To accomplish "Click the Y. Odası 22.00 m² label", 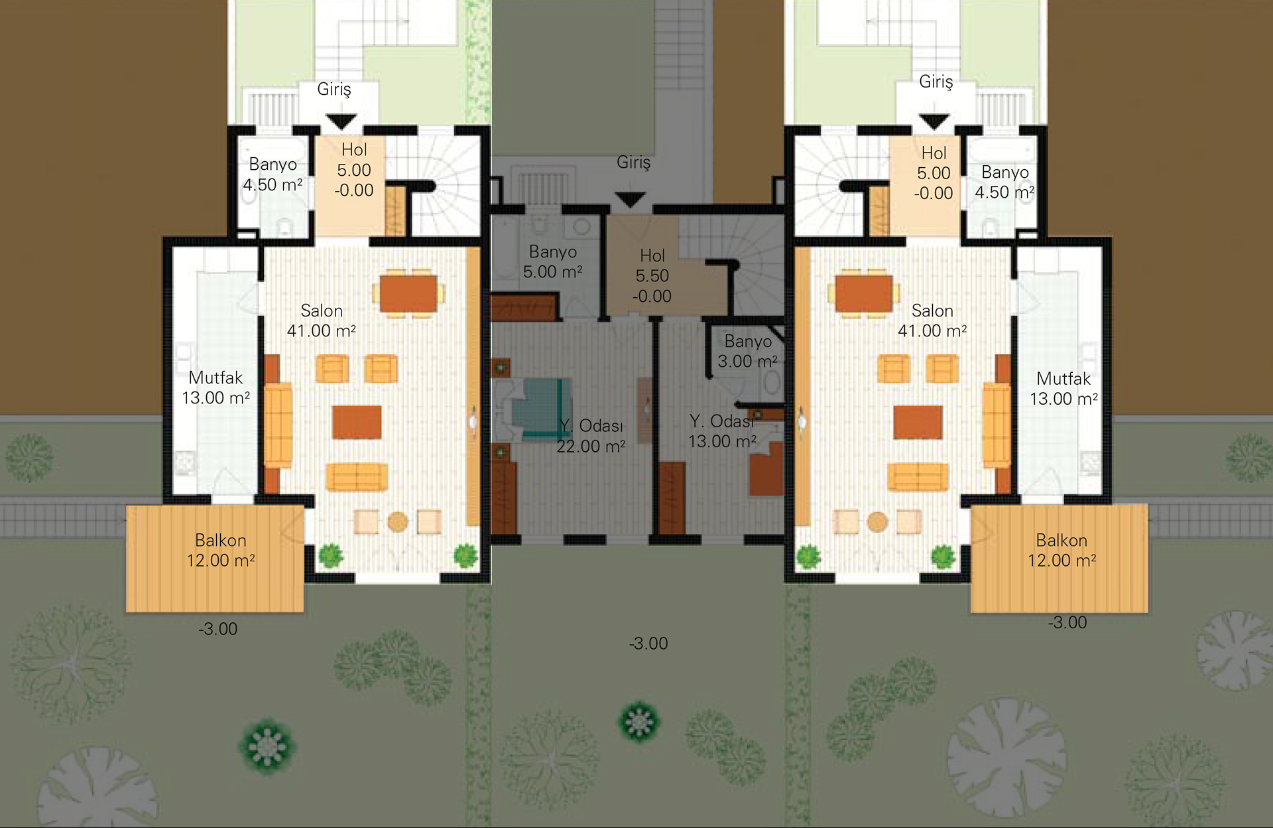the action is click(x=591, y=436).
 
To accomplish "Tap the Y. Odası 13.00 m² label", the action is click(x=722, y=431).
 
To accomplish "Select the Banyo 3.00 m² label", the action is click(x=748, y=351).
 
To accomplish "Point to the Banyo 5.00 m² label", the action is click(x=553, y=261).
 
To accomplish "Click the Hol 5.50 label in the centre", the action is click(x=652, y=276).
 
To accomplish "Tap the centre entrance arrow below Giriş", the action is click(x=630, y=199).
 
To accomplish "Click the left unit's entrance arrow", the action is click(x=341, y=121).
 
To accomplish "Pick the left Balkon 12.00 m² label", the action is click(x=221, y=550).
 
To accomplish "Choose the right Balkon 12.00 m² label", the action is click(x=1061, y=550).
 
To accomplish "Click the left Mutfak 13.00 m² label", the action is click(x=216, y=387).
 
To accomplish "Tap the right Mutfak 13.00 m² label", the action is click(x=1063, y=389).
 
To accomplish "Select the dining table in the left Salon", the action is click(x=408, y=293).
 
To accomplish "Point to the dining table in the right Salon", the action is click(x=864, y=293).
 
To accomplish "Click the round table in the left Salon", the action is click(x=398, y=522).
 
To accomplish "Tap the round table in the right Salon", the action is click(x=877, y=522).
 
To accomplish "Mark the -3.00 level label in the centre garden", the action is click(x=648, y=643).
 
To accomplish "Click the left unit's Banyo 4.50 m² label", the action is click(x=273, y=174).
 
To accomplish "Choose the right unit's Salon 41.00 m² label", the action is click(x=932, y=320).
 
